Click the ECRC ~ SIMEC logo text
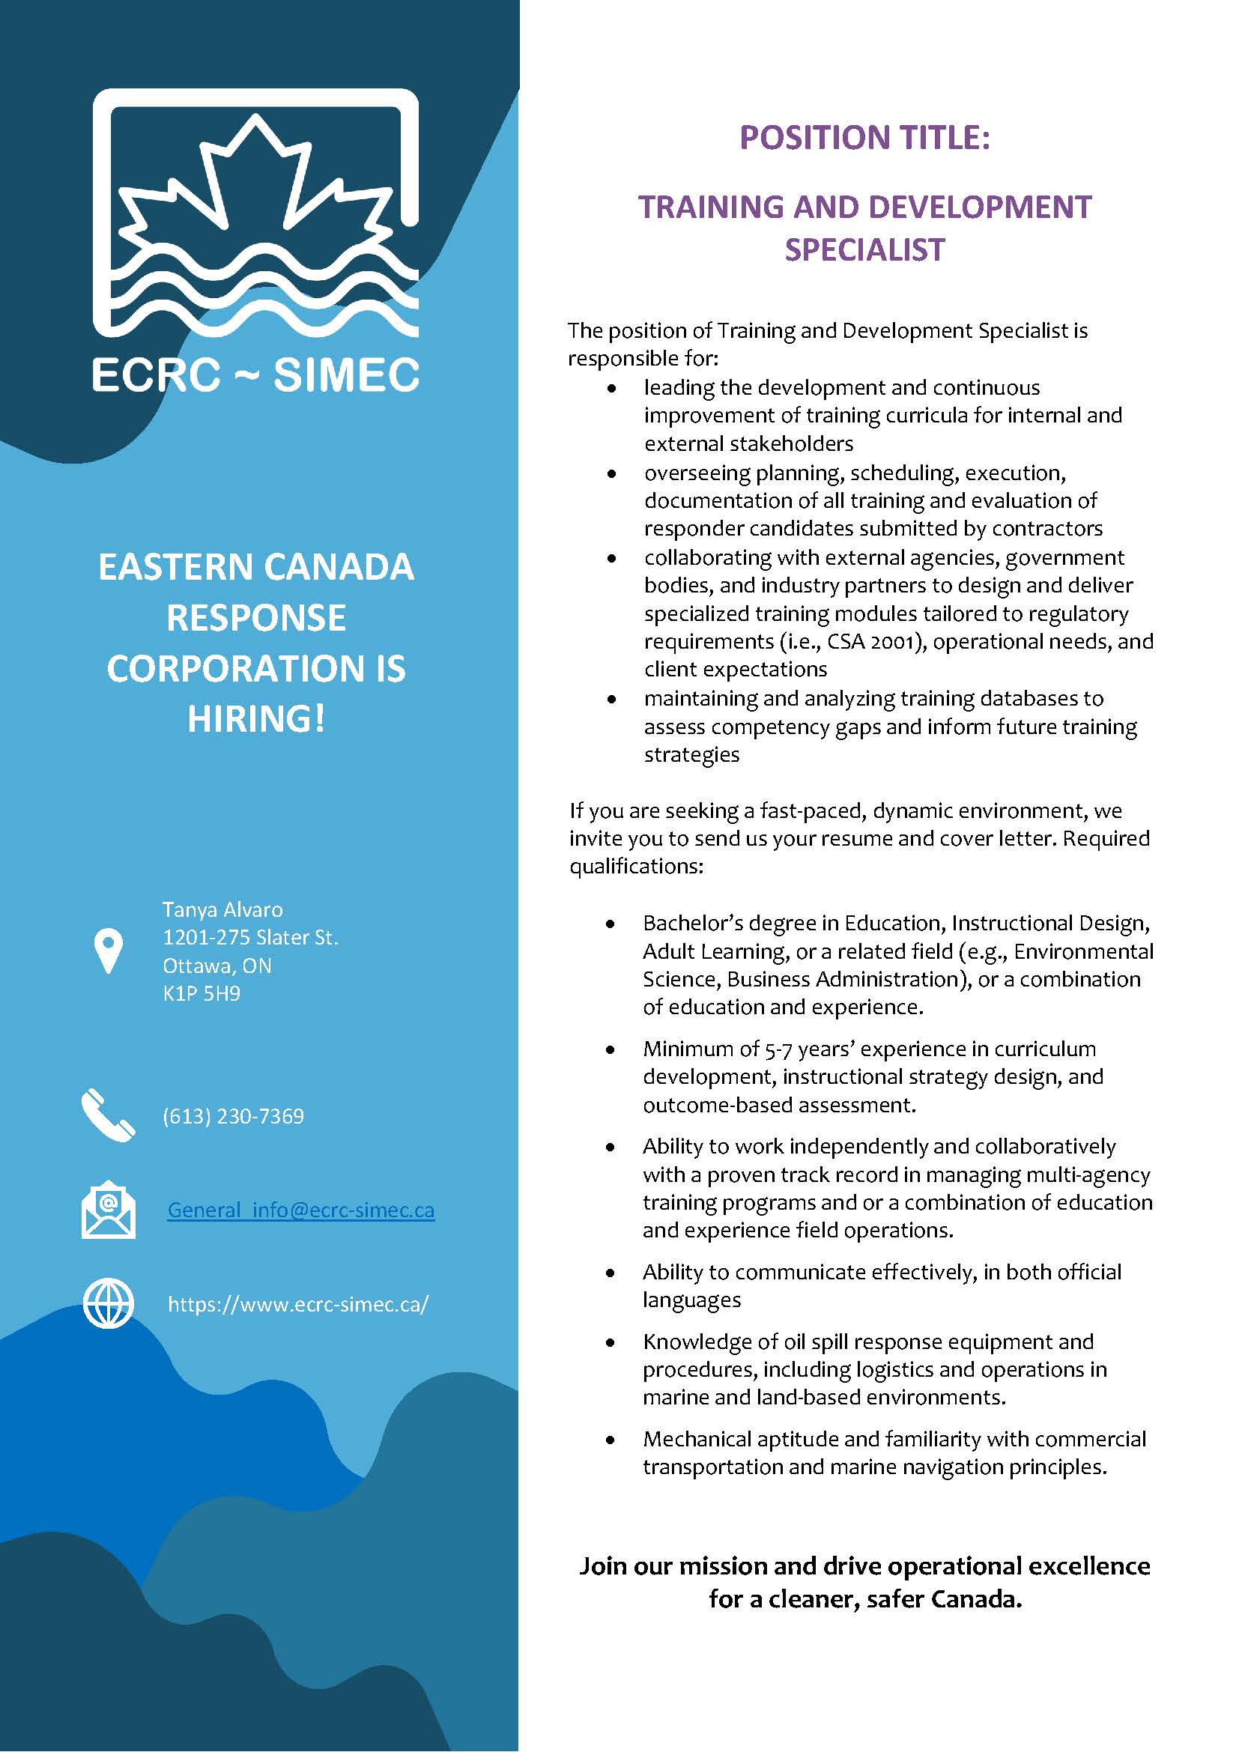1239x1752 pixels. click(x=255, y=374)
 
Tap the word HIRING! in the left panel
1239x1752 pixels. click(x=256, y=719)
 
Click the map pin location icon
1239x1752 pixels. click(x=109, y=950)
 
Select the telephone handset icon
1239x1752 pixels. click(x=108, y=1115)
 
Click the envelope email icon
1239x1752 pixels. click(x=109, y=1210)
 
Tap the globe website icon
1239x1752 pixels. click(x=109, y=1303)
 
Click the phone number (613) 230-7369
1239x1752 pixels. click(x=234, y=1116)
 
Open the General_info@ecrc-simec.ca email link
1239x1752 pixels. click(x=300, y=1210)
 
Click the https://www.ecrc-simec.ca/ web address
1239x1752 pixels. click(x=298, y=1304)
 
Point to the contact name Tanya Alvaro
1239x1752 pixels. click(x=222, y=909)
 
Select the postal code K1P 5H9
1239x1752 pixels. click(x=202, y=993)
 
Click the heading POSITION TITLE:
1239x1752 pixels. click(x=864, y=138)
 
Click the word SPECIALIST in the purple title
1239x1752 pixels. click(x=864, y=250)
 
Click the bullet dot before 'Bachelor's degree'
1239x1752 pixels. click(x=611, y=924)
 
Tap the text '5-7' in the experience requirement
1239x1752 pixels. click(x=778, y=1049)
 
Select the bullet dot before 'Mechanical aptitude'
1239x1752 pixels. click(x=611, y=1439)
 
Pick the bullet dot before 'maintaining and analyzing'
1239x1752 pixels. click(x=611, y=699)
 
